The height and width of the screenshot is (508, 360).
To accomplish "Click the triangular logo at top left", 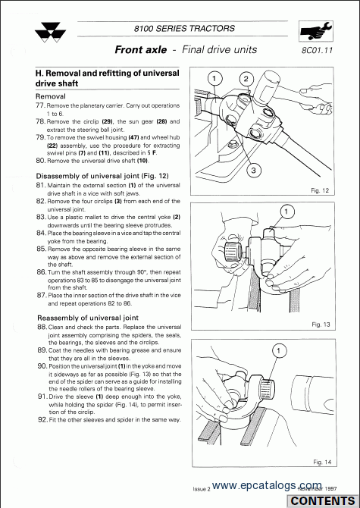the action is tap(50, 33).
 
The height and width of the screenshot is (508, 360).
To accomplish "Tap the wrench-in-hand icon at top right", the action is tap(315, 31).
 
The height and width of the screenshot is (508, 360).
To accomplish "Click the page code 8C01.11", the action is tap(318, 50).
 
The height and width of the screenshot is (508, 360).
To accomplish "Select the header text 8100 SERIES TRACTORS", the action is tap(184, 29).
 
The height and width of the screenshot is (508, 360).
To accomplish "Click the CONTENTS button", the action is tap(323, 501).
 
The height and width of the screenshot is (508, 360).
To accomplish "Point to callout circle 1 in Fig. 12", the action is tap(214, 78).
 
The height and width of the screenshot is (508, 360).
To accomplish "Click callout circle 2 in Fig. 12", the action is tap(246, 79).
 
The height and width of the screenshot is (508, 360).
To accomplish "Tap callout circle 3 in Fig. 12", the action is tap(253, 170).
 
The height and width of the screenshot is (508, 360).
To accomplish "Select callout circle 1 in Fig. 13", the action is tap(286, 212).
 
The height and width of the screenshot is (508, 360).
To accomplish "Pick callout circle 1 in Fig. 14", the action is tap(279, 350).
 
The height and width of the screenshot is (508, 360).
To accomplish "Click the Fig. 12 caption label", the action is tap(320, 190).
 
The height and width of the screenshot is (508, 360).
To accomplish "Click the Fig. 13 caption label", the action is tap(321, 325).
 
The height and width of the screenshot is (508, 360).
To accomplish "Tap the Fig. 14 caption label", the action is tap(322, 462).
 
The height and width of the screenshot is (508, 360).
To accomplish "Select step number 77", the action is tap(40, 105).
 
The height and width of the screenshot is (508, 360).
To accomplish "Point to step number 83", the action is tap(42, 217).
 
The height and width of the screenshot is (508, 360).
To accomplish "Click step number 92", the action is tap(42, 420).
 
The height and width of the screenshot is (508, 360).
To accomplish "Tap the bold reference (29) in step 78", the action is tap(107, 122).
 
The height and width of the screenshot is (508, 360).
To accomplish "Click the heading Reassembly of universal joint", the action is tap(88, 318).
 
